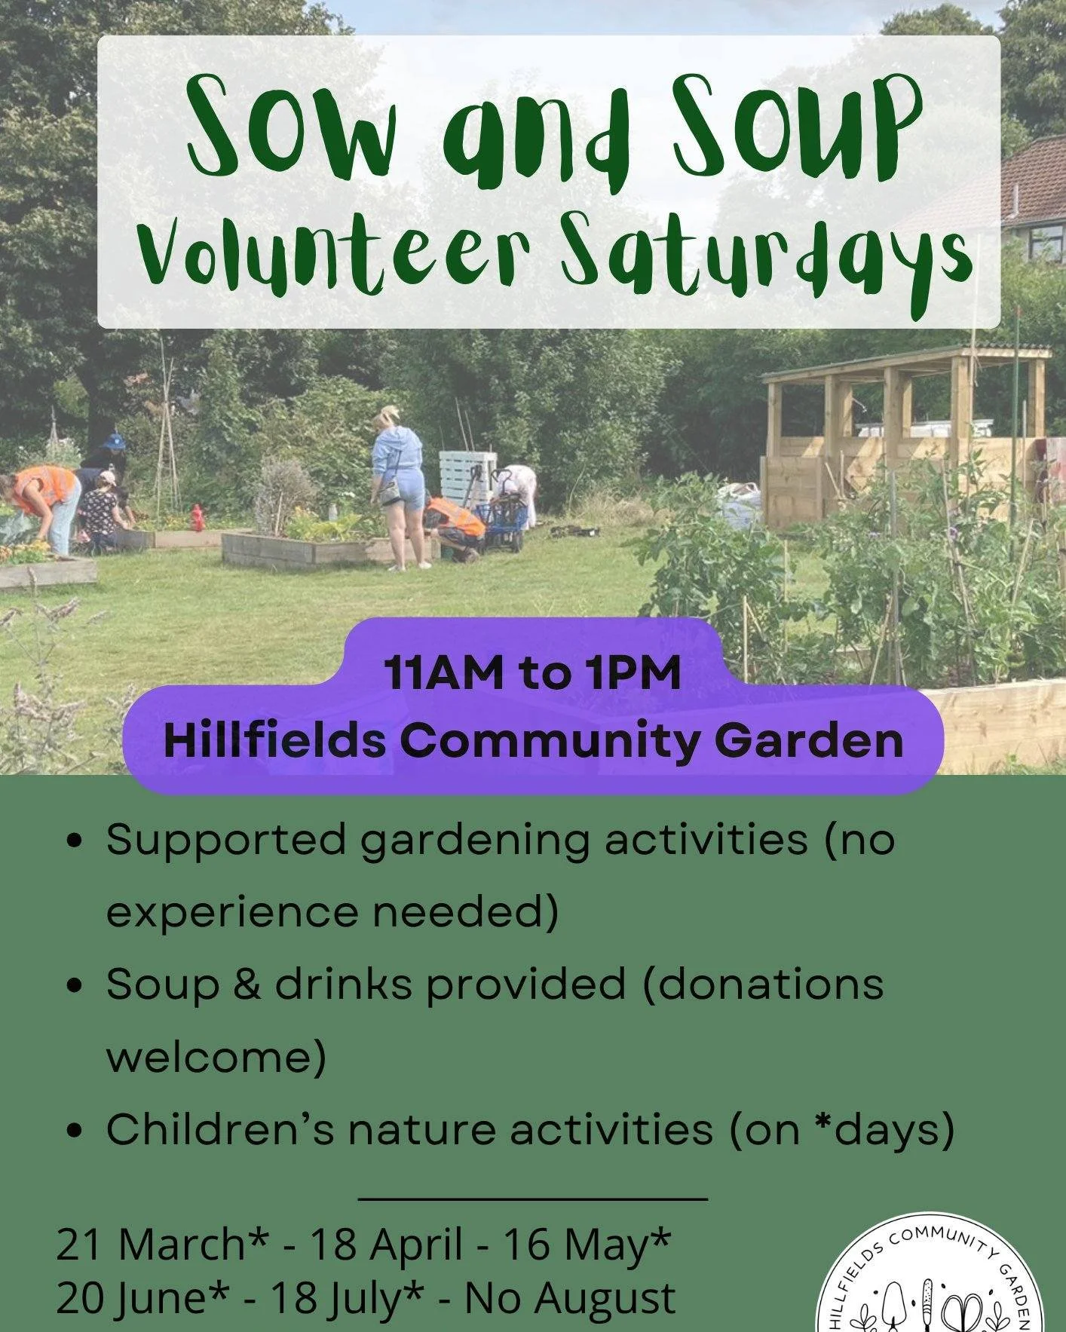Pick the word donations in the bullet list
[763, 984]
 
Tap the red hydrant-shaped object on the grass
[198, 517]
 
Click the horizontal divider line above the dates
[532, 1198]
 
